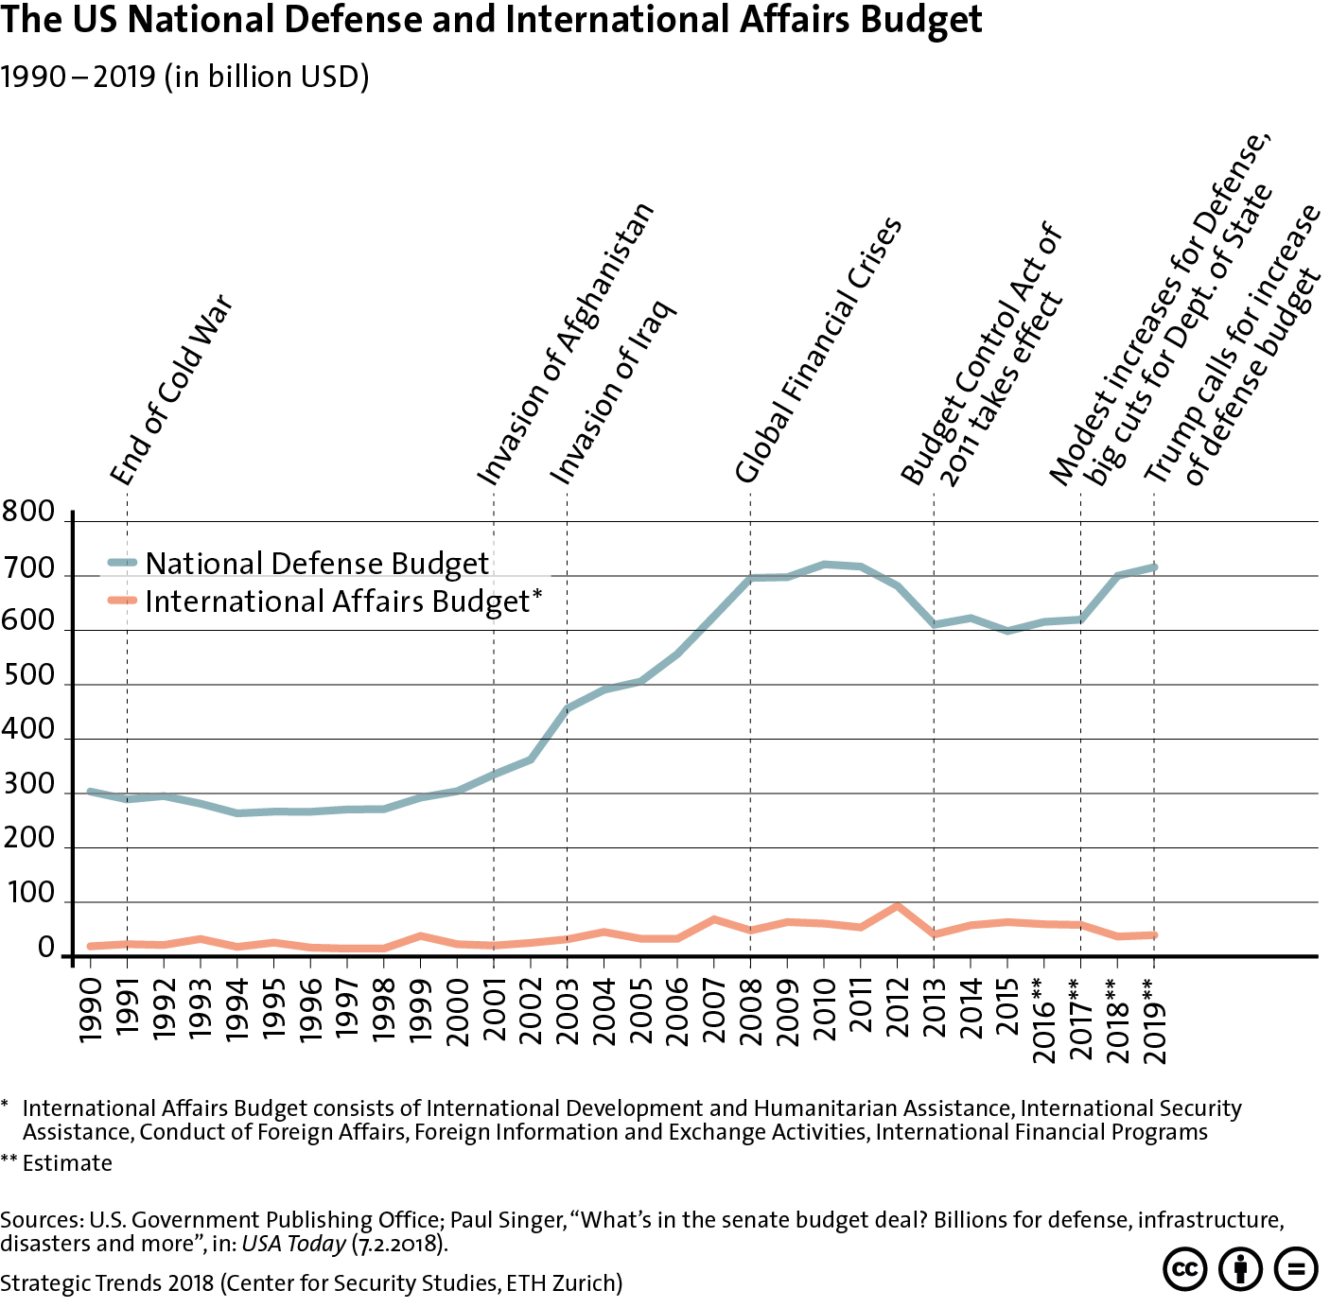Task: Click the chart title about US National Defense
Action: pyautogui.click(x=491, y=20)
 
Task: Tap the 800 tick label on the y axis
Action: pyautogui.click(x=29, y=513)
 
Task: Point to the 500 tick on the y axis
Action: pyautogui.click(x=29, y=676)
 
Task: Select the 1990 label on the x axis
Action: pyautogui.click(x=91, y=1010)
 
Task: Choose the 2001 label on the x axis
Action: pyautogui.click(x=495, y=1010)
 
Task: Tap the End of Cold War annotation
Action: pyautogui.click(x=171, y=390)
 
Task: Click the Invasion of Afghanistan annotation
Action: pyautogui.click(x=565, y=344)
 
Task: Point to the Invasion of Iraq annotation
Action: pyautogui.click(x=613, y=392)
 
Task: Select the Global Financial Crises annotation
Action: pyautogui.click(x=818, y=350)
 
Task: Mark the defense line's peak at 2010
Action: pyautogui.click(x=824, y=565)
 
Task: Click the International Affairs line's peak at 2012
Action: pyautogui.click(x=897, y=906)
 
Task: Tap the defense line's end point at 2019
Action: pyautogui.click(x=1153, y=567)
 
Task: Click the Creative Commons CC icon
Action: pyautogui.click(x=1184, y=1268)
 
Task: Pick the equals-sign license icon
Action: pyautogui.click(x=1296, y=1268)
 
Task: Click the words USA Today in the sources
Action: pyautogui.click(x=293, y=1244)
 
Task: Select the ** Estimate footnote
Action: pyautogui.click(x=57, y=1163)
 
